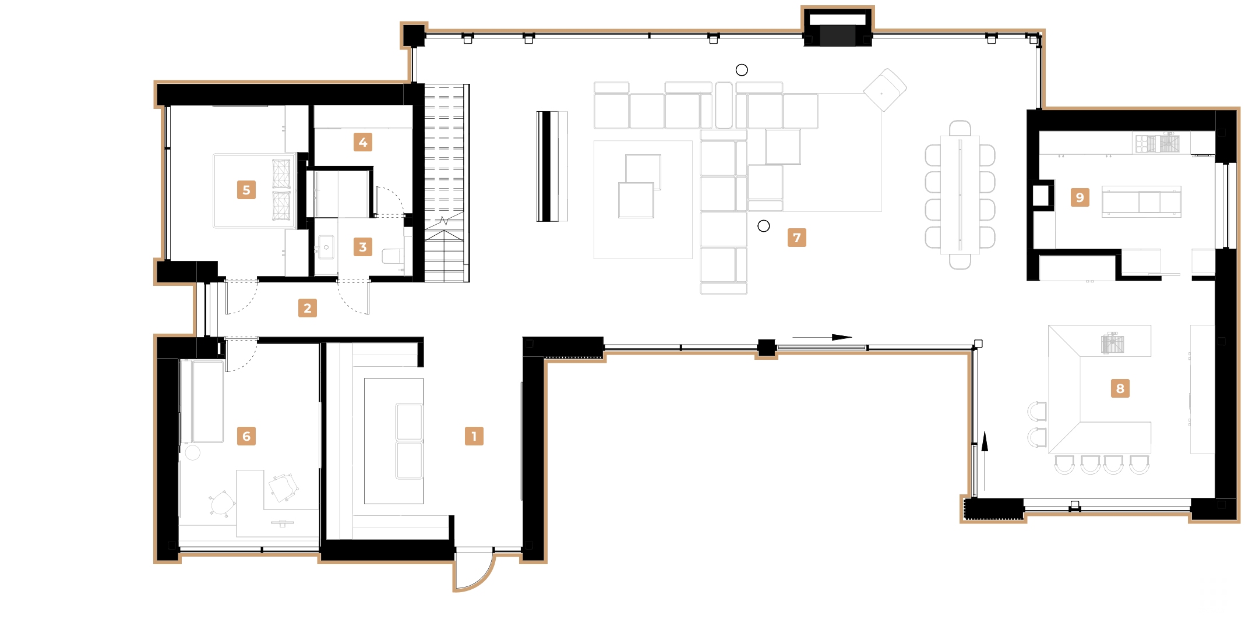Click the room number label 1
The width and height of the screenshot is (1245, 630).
tap(474, 436)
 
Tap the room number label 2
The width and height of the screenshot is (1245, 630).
tap(307, 308)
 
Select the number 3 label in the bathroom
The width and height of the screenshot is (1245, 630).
tap(362, 247)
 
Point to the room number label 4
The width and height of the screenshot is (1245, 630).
tap(362, 142)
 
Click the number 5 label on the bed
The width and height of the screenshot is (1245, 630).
tap(246, 190)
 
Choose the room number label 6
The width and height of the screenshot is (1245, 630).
tap(246, 436)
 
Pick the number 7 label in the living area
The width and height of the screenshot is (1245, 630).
tap(796, 238)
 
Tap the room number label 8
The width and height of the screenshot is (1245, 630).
tap(1120, 388)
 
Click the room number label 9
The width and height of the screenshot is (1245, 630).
tap(1080, 197)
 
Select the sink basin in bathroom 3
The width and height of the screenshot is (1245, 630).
tap(326, 247)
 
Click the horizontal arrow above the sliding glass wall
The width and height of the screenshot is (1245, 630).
tap(821, 337)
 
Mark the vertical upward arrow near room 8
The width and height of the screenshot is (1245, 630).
tap(985, 460)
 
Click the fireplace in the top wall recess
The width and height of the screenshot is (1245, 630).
tap(837, 35)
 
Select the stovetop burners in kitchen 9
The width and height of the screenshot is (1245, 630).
tap(1145, 143)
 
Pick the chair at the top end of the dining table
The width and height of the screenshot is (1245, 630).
tap(960, 128)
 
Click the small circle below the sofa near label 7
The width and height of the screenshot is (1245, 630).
tap(763, 226)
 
